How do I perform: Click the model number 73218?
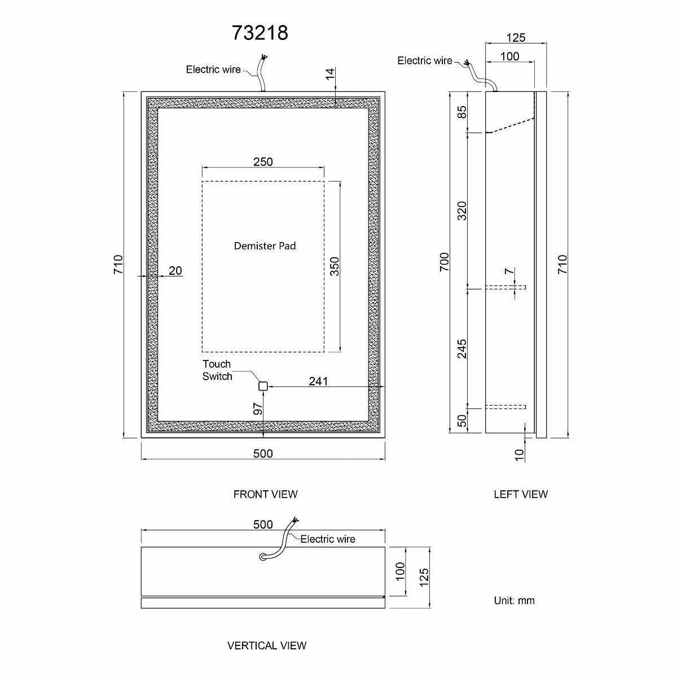click(x=260, y=33)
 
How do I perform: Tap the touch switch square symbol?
click(x=263, y=386)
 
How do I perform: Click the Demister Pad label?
click(x=265, y=245)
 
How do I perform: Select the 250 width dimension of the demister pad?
click(x=263, y=161)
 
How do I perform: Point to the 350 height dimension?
click(x=335, y=266)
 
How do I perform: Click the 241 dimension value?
click(x=318, y=381)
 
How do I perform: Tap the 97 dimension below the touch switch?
click(x=258, y=408)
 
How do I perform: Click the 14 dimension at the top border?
click(x=330, y=74)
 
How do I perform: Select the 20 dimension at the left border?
click(x=175, y=270)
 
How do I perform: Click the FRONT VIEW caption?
click(x=266, y=494)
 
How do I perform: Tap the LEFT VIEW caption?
click(x=521, y=494)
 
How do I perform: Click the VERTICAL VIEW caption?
click(x=267, y=645)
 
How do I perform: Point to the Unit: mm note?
click(x=515, y=600)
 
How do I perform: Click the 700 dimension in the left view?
click(x=445, y=262)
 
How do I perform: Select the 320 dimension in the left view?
click(x=462, y=211)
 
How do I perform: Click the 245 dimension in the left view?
click(x=462, y=349)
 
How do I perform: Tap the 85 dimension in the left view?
click(x=462, y=112)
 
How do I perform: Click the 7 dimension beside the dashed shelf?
click(x=509, y=271)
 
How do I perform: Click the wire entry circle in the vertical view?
click(x=262, y=557)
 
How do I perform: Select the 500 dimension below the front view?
click(x=263, y=453)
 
